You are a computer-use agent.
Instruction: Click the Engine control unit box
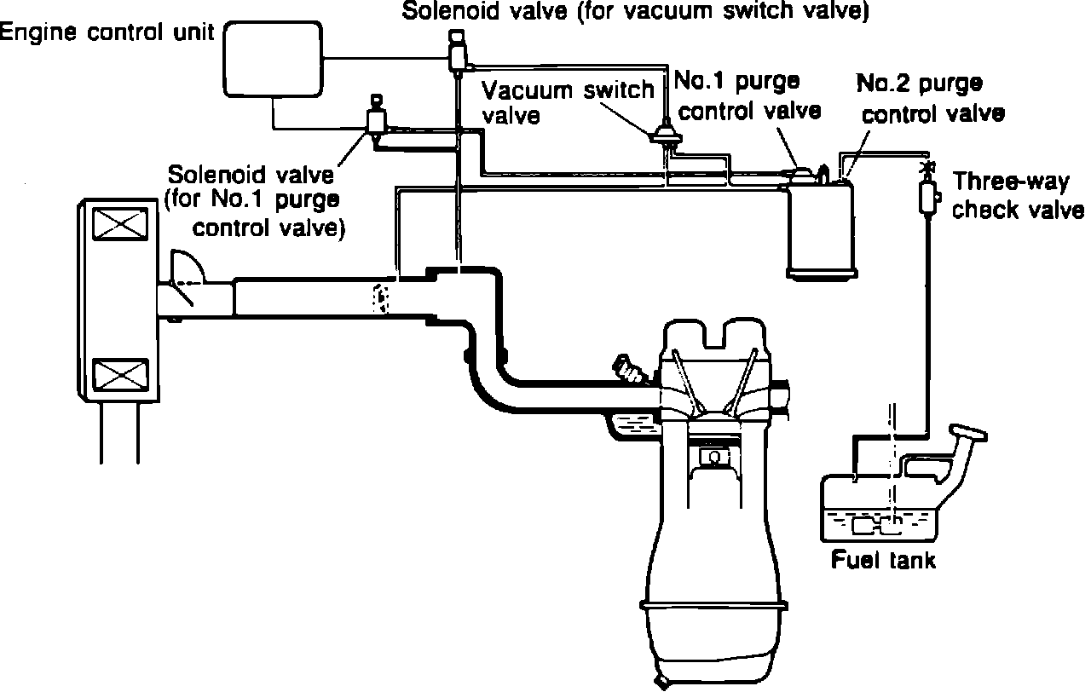click(273, 59)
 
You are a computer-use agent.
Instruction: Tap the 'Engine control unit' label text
click(107, 32)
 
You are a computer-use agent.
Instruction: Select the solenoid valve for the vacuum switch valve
click(458, 52)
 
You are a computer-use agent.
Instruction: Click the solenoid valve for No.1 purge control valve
click(377, 118)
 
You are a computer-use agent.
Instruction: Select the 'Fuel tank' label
click(882, 560)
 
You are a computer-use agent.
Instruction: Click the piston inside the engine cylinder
click(714, 451)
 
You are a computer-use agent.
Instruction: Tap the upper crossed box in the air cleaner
click(120, 224)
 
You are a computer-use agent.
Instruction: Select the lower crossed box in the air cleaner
click(120, 376)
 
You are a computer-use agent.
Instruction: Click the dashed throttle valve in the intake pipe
click(381, 298)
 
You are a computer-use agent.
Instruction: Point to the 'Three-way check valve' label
click(1018, 196)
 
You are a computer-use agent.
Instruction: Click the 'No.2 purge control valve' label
click(930, 99)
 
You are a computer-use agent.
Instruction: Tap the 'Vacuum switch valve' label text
click(568, 103)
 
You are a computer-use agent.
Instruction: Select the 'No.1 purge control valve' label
click(748, 96)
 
